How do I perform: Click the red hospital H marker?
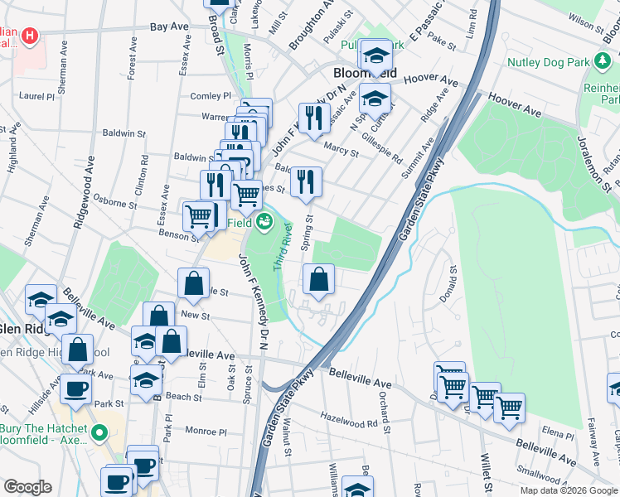tap(30, 36)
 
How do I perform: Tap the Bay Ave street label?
tap(170, 27)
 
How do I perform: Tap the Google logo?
tap(27, 487)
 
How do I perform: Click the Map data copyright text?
tap(569, 490)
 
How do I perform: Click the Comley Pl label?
tap(210, 96)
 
